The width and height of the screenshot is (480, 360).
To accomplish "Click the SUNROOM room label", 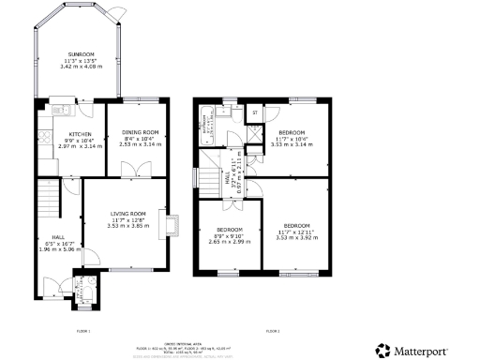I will pyautogui.click(x=79, y=54).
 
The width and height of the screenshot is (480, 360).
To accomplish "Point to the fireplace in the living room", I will pyautogui.click(x=170, y=224).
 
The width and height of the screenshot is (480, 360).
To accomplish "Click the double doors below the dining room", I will pyautogui.click(x=142, y=171).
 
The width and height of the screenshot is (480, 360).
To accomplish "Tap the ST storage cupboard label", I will pyautogui.click(x=255, y=113).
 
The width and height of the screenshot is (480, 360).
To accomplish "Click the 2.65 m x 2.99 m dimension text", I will pyautogui.click(x=230, y=241).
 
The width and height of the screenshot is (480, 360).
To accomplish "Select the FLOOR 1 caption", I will pyautogui.click(x=82, y=332).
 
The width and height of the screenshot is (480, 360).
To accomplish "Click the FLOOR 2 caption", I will pyautogui.click(x=273, y=332).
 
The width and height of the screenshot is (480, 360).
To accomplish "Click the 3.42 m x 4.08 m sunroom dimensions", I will pyautogui.click(x=79, y=67).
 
